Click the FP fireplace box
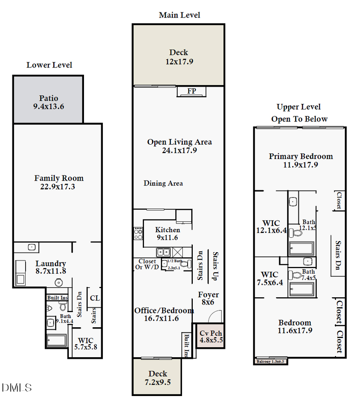coord(192,91)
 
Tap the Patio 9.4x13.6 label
coord(48,102)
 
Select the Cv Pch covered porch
coord(211,337)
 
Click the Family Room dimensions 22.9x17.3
coord(58,187)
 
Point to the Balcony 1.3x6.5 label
coord(270,362)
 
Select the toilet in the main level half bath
coord(183,264)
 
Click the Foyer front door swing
coord(214,318)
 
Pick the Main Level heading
coord(179,15)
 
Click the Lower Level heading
coord(49,65)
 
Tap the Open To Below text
coord(299,119)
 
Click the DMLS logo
coord(16,387)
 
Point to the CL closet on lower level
coord(94,298)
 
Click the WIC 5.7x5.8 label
coord(86,344)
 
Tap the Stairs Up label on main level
coord(216,266)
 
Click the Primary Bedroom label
coord(300,156)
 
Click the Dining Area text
coord(163,183)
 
